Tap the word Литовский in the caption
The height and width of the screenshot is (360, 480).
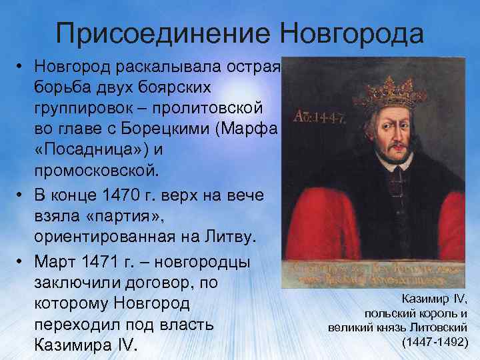[x=440, y=328]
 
